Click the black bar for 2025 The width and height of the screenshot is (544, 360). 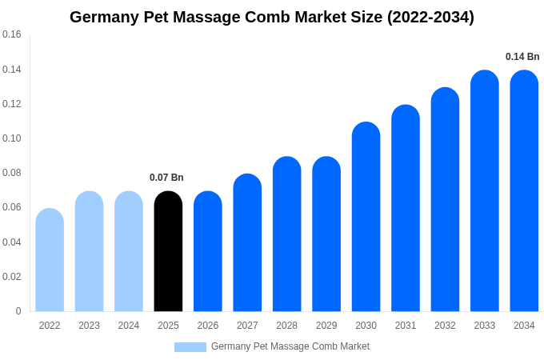tap(168, 252)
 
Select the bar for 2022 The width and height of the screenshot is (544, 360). tap(50, 260)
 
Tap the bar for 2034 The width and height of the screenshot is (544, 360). tap(524, 192)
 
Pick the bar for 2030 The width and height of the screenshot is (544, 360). tap(366, 218)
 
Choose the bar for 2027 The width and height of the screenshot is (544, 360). tap(247, 243)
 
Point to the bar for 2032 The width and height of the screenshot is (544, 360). tap(445, 200)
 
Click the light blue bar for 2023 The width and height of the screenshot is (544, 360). tap(89, 252)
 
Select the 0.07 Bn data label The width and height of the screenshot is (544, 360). tap(166, 178)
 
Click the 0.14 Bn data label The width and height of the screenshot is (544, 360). tap(522, 57)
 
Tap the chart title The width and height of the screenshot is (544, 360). tap(272, 17)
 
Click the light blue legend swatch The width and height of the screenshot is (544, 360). tap(190, 347)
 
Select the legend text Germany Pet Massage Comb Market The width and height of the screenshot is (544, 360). tap(290, 346)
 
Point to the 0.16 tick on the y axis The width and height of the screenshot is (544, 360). tap(12, 34)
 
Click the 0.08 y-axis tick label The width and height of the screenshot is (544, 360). tap(12, 173)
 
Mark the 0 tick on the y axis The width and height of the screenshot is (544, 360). tap(18, 311)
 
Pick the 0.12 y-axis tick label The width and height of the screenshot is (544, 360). tap(12, 104)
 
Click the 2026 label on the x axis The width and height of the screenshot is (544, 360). tap(208, 326)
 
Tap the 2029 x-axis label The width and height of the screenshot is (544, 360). tap(326, 326)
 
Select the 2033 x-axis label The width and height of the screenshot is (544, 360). tap(485, 326)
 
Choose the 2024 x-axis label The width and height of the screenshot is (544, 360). tap(129, 326)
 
